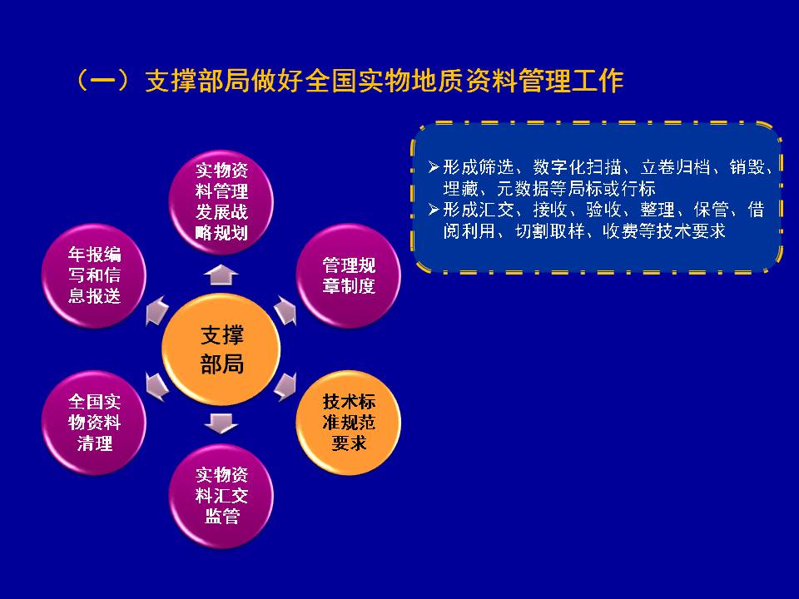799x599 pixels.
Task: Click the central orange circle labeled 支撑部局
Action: click(x=221, y=349)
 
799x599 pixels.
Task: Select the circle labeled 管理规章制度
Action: click(x=349, y=275)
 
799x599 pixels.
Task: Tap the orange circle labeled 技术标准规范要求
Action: click(x=349, y=423)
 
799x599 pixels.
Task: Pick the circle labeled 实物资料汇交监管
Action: click(x=221, y=496)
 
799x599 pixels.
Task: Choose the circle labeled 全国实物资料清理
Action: click(x=94, y=423)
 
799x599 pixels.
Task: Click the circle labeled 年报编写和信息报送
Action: click(x=94, y=275)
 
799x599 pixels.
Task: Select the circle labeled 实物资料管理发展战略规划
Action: click(x=221, y=202)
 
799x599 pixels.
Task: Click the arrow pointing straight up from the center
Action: click(x=221, y=275)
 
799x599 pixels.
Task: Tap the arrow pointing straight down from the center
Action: click(x=221, y=423)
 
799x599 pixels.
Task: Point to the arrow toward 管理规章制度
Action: click(x=285, y=310)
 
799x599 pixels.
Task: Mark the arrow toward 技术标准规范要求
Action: click(x=285, y=387)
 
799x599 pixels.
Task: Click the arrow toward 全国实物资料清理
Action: click(x=157, y=387)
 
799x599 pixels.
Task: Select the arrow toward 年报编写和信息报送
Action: click(x=157, y=310)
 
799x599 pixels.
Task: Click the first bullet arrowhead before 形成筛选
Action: click(x=434, y=166)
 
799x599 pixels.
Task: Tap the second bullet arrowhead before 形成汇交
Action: click(x=434, y=210)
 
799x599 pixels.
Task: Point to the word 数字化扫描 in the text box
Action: click(x=577, y=167)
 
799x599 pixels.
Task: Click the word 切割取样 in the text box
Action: click(x=550, y=231)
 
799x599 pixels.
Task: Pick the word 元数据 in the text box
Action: click(x=523, y=189)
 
